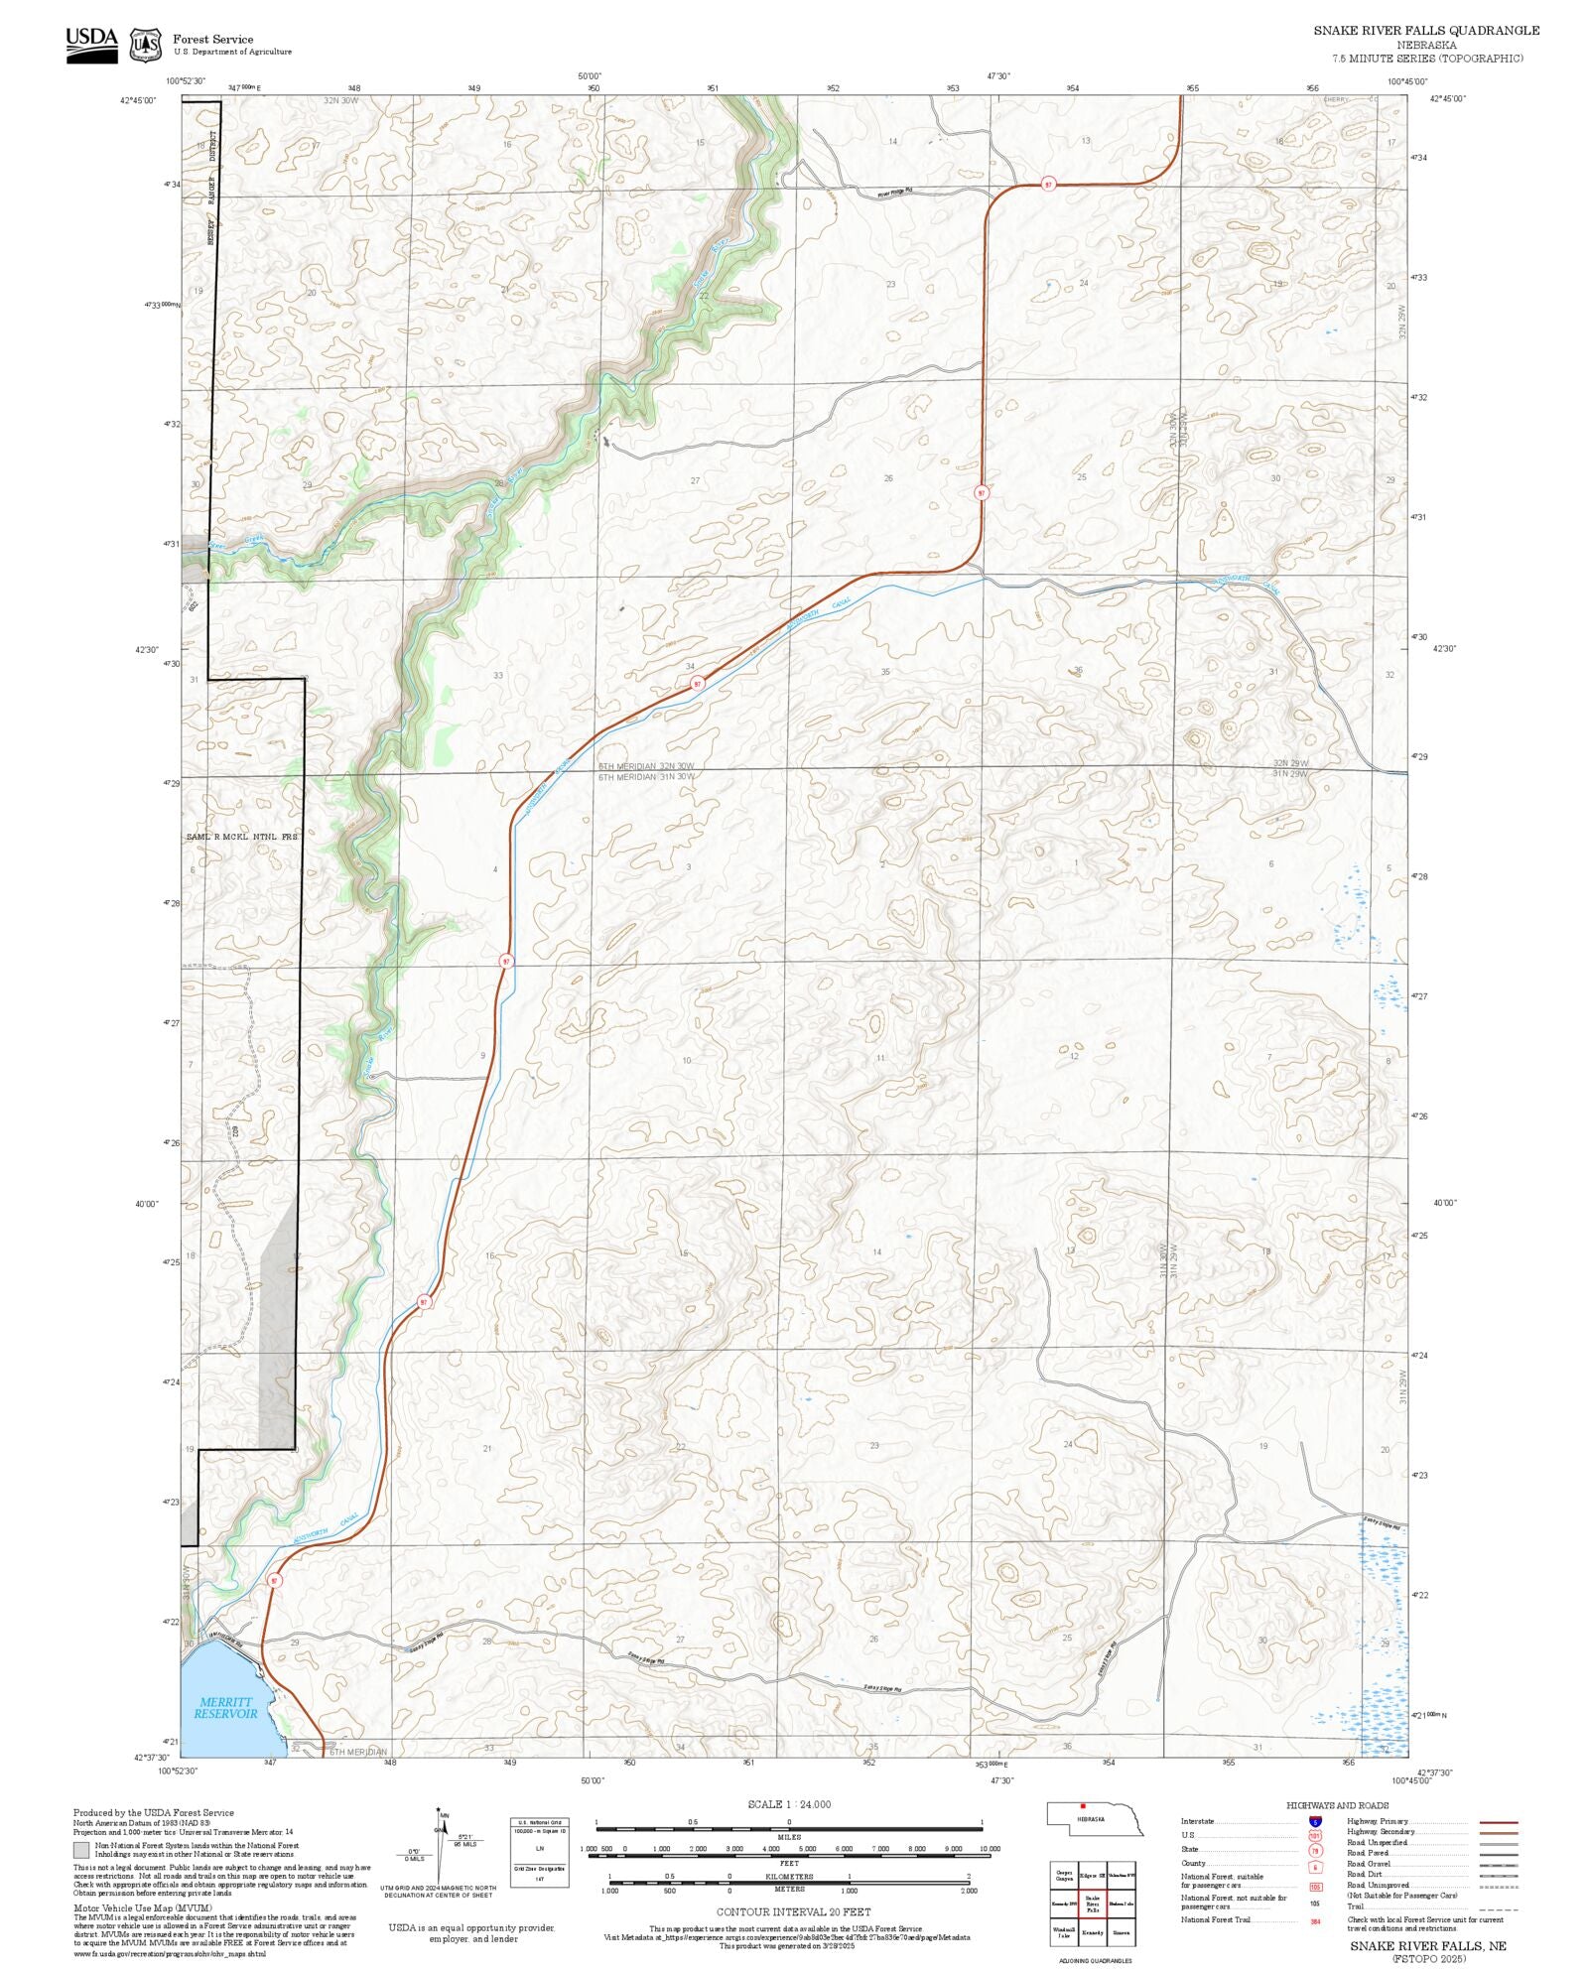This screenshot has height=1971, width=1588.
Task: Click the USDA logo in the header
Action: (x=91, y=45)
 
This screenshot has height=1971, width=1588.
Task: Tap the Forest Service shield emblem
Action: (x=146, y=45)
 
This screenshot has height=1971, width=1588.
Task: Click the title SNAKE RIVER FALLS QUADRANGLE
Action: (x=1426, y=31)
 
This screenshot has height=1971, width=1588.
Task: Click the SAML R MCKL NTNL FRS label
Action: (x=242, y=837)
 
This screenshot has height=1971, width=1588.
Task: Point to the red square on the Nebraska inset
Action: (x=1083, y=1805)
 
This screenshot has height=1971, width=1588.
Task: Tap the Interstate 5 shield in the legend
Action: (x=1315, y=1822)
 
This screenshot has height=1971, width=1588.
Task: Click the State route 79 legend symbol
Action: (x=1315, y=1850)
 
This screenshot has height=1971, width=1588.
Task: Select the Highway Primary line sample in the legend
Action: (x=1498, y=1822)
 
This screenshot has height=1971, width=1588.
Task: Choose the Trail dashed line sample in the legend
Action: (x=1498, y=1906)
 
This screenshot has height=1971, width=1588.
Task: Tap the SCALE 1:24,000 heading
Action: (x=789, y=1804)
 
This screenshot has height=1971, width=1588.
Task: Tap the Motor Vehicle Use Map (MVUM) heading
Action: (x=142, y=1907)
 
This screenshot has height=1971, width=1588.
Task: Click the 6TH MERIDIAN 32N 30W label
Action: (x=646, y=766)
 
